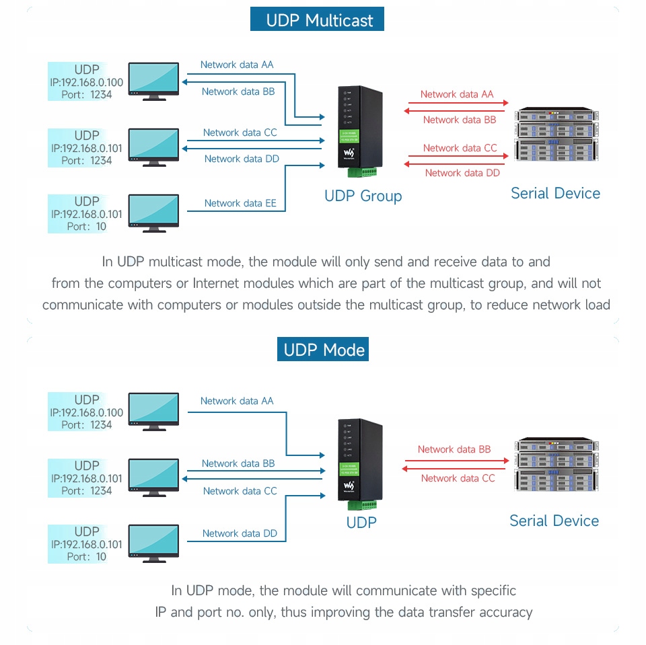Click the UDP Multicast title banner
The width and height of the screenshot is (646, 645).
(x=317, y=20)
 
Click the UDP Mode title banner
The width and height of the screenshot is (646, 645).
(x=323, y=350)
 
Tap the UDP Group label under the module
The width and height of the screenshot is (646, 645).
(x=363, y=196)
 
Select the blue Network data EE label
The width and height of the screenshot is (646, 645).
(x=240, y=203)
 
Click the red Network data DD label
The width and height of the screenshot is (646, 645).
(x=462, y=173)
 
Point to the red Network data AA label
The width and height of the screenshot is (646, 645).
(x=457, y=95)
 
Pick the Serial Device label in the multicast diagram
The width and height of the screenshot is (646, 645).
(x=555, y=194)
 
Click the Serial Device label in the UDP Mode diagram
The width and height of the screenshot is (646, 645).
(x=554, y=521)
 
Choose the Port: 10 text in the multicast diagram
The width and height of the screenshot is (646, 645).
(x=87, y=227)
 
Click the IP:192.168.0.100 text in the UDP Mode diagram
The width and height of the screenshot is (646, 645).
(x=87, y=412)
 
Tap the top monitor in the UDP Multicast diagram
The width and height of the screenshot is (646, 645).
(x=153, y=81)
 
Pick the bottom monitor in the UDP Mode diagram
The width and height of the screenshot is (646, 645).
(x=153, y=543)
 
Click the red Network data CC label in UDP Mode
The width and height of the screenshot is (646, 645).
(x=458, y=478)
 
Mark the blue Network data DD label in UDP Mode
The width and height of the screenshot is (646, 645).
(x=240, y=533)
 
